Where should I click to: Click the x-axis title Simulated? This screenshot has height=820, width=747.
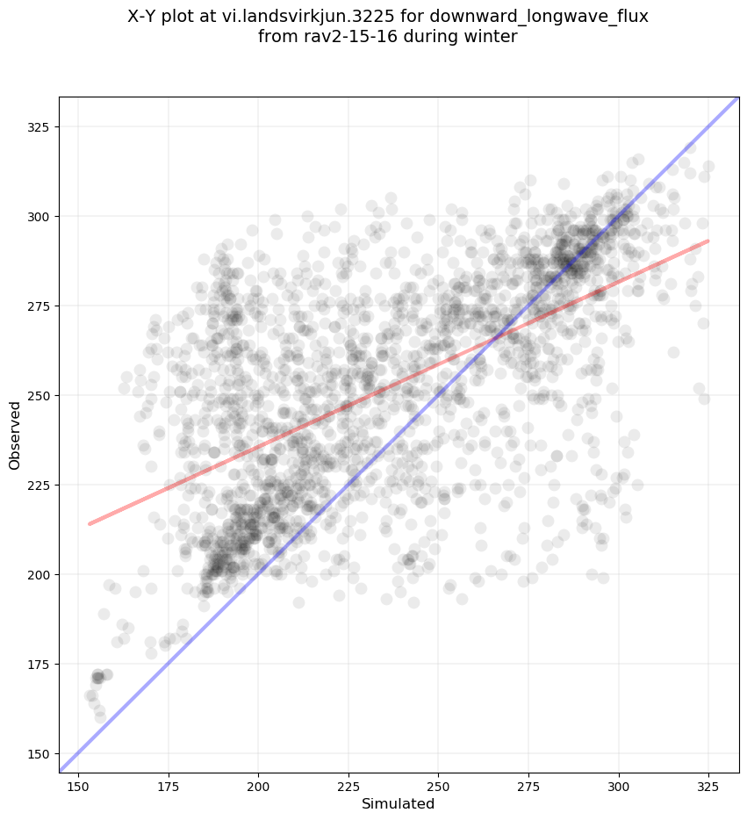pos(399,803)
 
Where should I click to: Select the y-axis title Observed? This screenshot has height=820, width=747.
pos(15,435)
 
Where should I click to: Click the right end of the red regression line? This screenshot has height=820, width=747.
pos(708,241)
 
